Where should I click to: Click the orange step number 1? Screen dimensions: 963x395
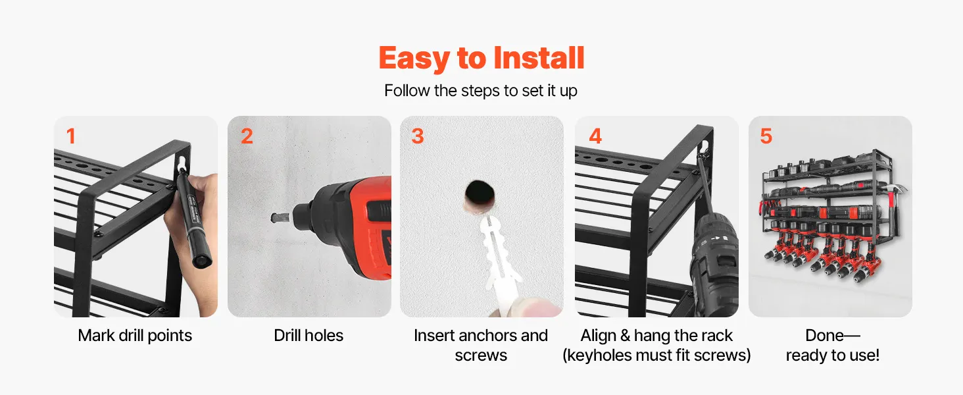(x=71, y=136)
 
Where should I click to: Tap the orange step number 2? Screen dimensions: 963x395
(x=247, y=136)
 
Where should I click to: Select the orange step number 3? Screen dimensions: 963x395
(x=418, y=136)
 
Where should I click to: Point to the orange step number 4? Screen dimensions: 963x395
(x=595, y=136)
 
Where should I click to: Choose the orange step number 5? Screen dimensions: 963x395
(x=766, y=136)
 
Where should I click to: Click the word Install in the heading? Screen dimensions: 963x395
(x=539, y=58)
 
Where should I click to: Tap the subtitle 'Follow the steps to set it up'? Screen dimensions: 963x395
(x=481, y=91)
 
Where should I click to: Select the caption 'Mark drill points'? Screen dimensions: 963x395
(x=135, y=336)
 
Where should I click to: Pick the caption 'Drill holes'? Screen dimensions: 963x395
(x=309, y=336)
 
